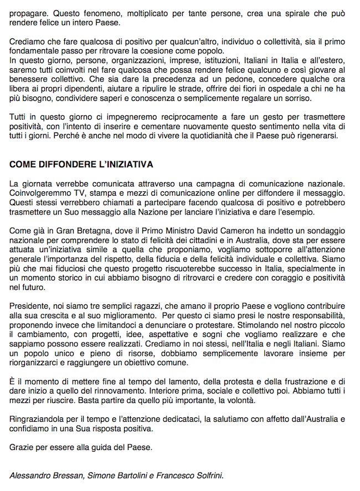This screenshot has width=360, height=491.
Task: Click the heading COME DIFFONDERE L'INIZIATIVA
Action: pos(81,165)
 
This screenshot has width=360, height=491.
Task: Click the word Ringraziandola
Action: pos(37,419)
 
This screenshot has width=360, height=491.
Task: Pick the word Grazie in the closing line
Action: pos(22,447)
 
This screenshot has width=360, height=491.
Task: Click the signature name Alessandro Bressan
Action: pos(45,475)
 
